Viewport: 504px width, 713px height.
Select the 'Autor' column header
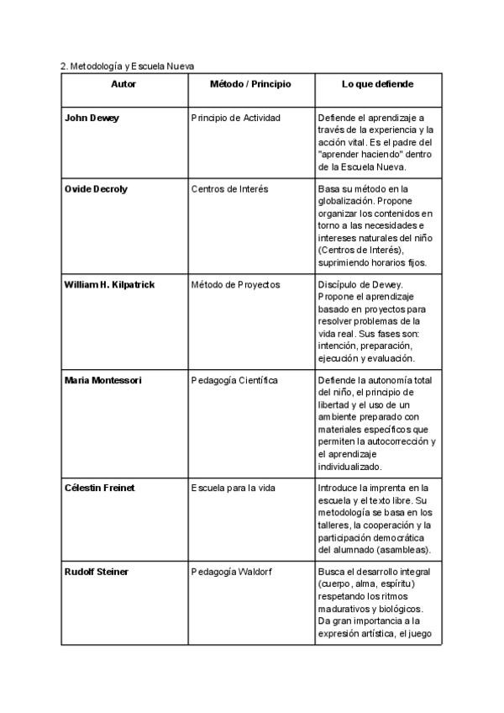[123, 84]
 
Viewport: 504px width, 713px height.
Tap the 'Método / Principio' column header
[250, 84]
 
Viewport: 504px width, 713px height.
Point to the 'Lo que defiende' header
[378, 84]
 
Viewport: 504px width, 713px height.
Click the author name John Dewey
[92, 118]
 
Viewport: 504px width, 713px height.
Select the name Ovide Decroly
[96, 189]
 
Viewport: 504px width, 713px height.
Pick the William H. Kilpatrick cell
[109, 284]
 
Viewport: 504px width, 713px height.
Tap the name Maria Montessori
[102, 380]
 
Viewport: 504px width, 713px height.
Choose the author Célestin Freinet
[100, 488]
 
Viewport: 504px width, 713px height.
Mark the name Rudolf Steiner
[96, 572]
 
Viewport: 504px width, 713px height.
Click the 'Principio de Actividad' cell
[235, 118]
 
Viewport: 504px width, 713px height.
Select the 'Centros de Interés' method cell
[229, 189]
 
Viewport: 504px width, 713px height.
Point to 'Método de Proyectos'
[235, 284]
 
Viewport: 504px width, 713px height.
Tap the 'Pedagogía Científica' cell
[234, 380]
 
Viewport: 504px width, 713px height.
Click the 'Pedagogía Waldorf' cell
[229, 572]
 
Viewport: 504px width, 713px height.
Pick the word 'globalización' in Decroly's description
[346, 202]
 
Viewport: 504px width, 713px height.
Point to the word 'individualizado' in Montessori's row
[349, 466]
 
